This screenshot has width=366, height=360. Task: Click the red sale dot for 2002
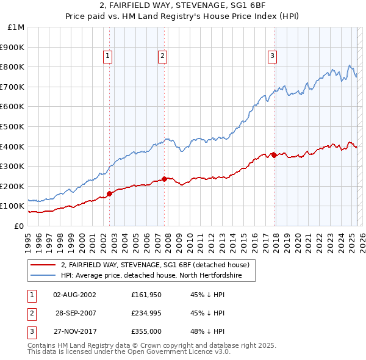coord(110,193)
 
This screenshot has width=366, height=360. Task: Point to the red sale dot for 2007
coord(165,179)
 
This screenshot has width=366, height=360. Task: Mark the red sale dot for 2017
coord(274,155)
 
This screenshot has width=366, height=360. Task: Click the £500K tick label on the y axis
coord(12,126)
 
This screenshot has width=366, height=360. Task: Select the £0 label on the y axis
coord(20,226)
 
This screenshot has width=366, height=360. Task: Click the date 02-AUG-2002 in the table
coord(74,294)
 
